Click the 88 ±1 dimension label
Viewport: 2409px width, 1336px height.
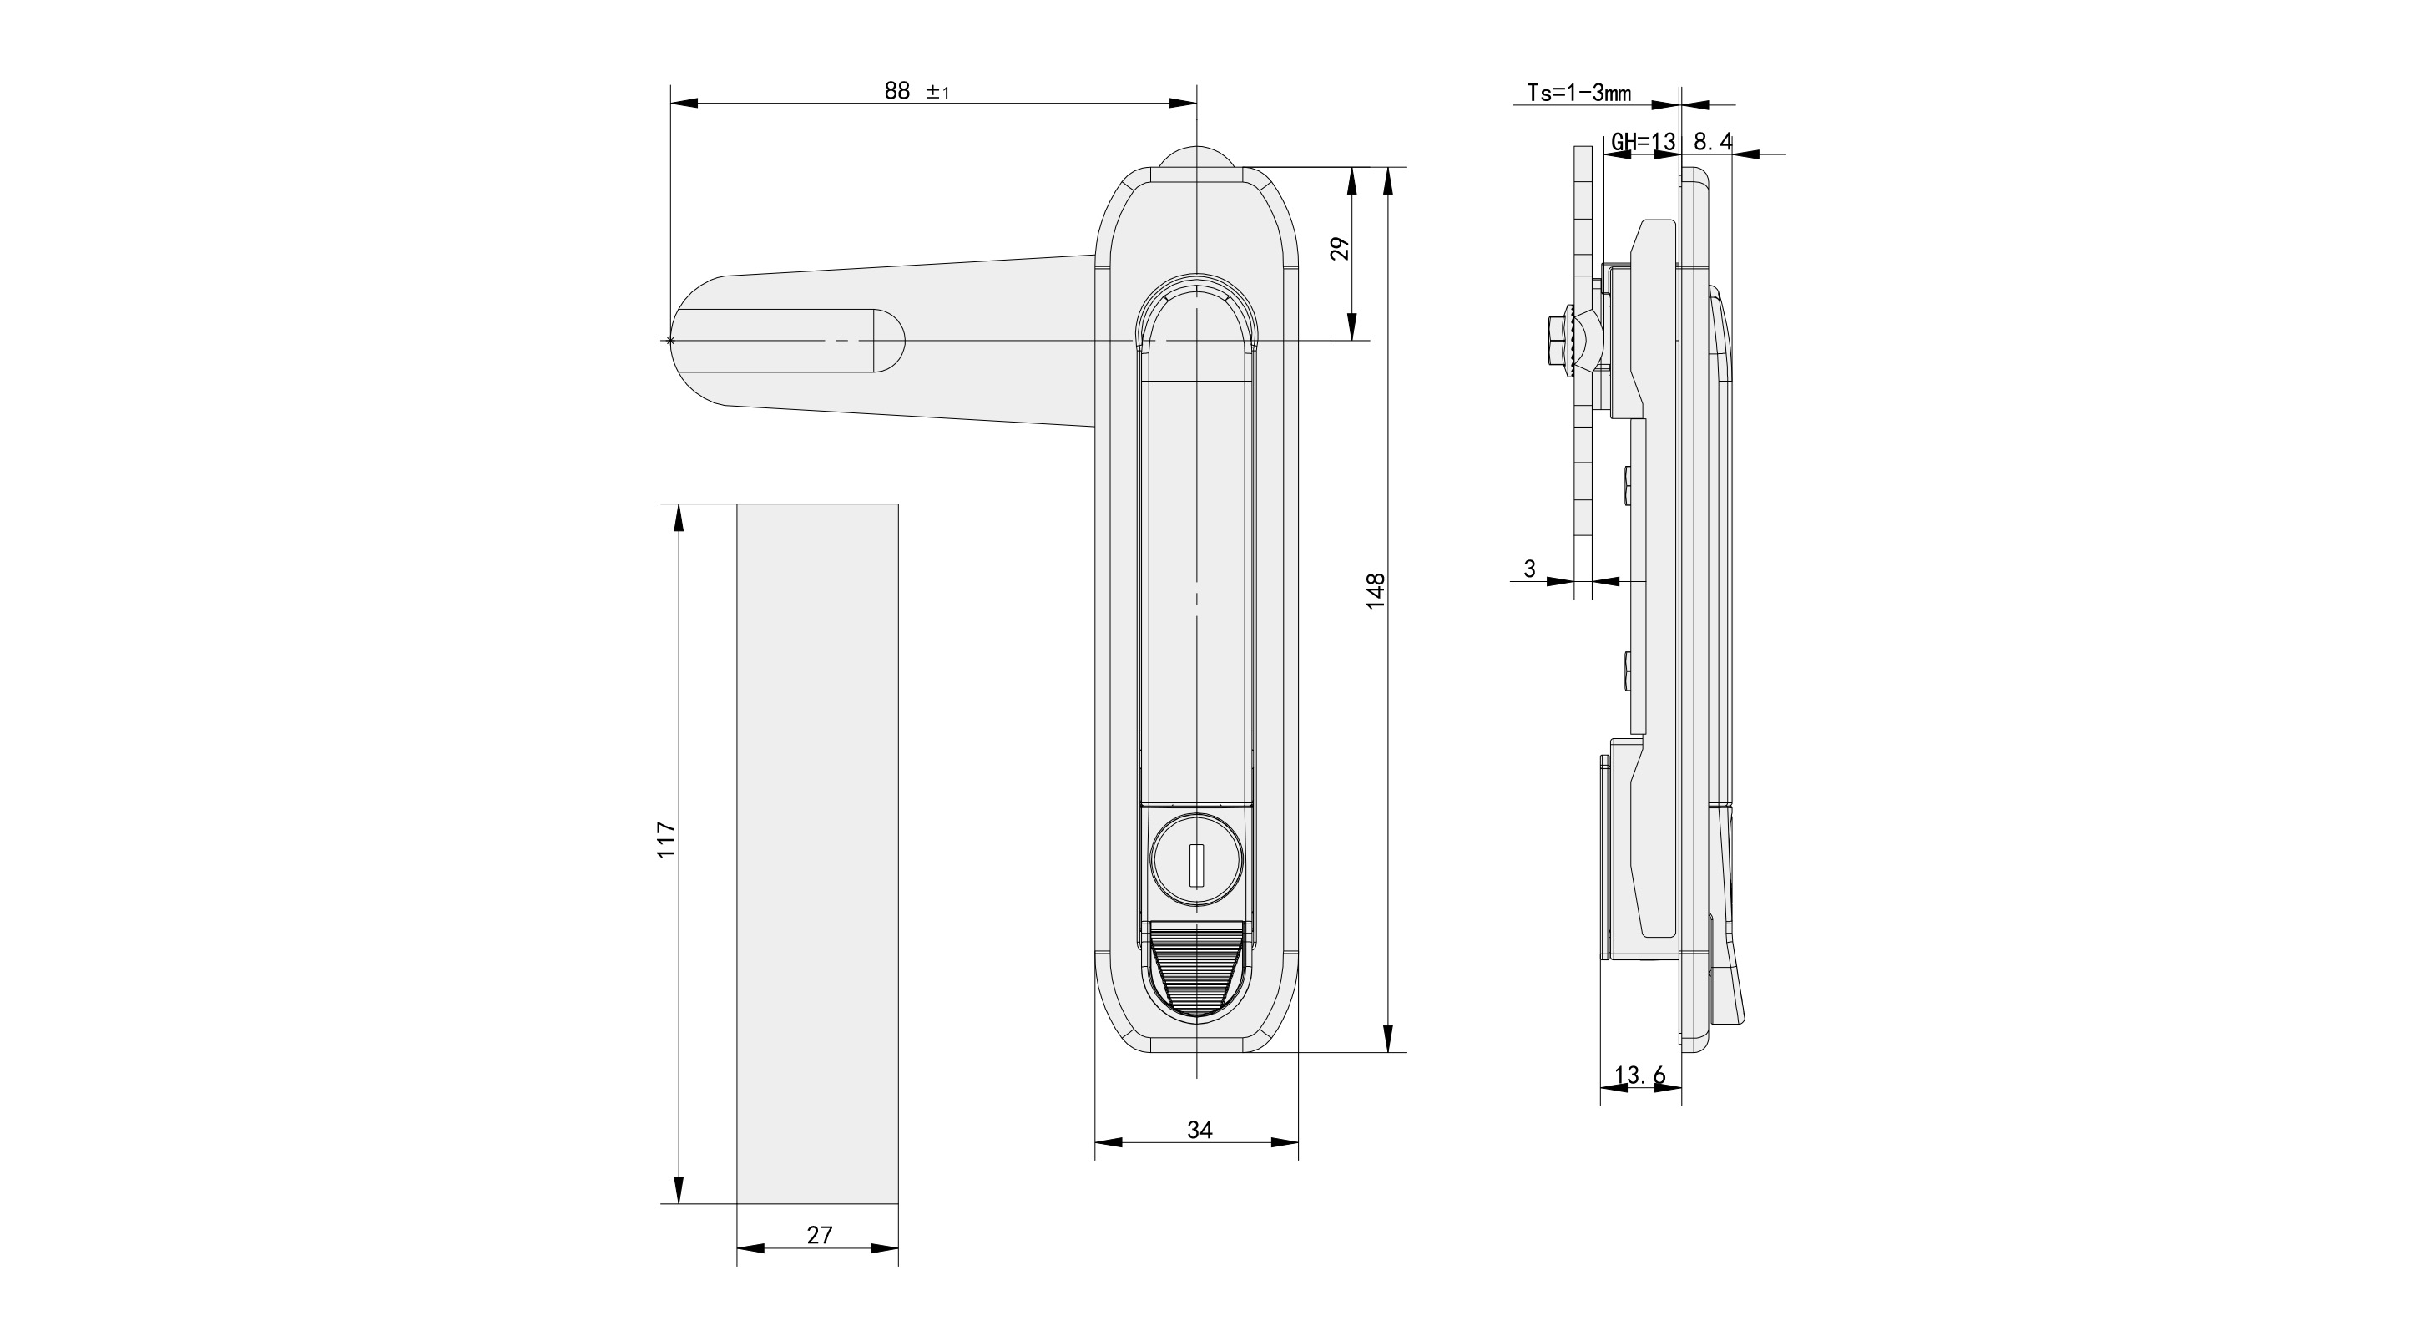tap(916, 91)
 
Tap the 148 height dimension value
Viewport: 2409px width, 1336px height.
tap(1375, 591)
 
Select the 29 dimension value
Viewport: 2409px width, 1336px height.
tap(1340, 248)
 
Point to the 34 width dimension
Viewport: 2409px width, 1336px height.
tap(1199, 1131)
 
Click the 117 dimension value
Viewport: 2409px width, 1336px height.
tap(666, 839)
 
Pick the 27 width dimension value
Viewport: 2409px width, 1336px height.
tap(819, 1235)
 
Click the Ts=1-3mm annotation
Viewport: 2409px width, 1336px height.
tap(1578, 93)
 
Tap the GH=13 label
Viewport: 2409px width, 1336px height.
tap(1642, 142)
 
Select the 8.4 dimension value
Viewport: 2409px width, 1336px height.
tap(1712, 142)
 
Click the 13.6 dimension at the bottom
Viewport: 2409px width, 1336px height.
tap(1639, 1076)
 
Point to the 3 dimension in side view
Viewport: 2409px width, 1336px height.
tap(1530, 569)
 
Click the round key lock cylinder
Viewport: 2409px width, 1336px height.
tap(1196, 863)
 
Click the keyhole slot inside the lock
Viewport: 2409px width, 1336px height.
tap(1196, 864)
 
